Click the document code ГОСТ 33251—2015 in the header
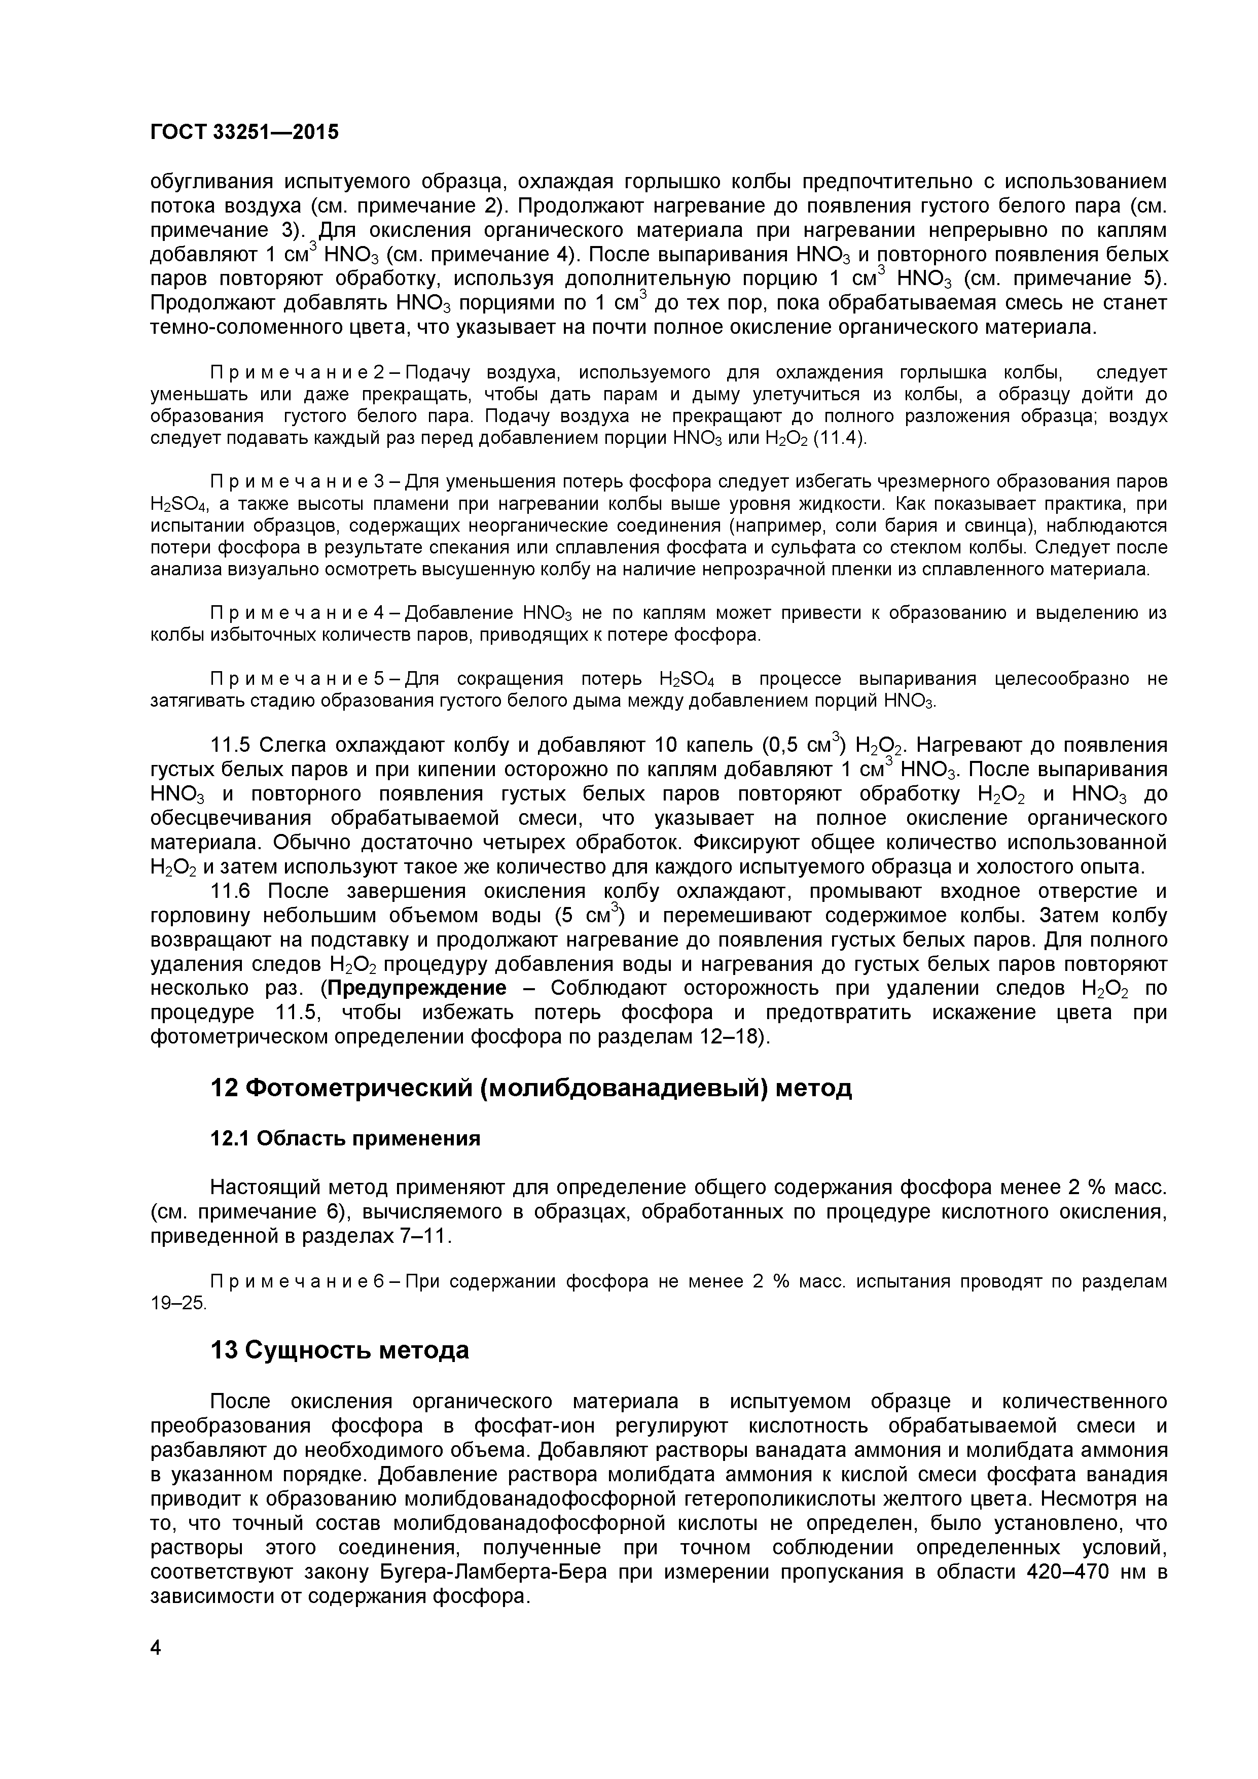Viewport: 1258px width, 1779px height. tap(244, 132)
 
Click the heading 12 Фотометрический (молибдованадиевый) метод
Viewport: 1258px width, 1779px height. tap(530, 1088)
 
